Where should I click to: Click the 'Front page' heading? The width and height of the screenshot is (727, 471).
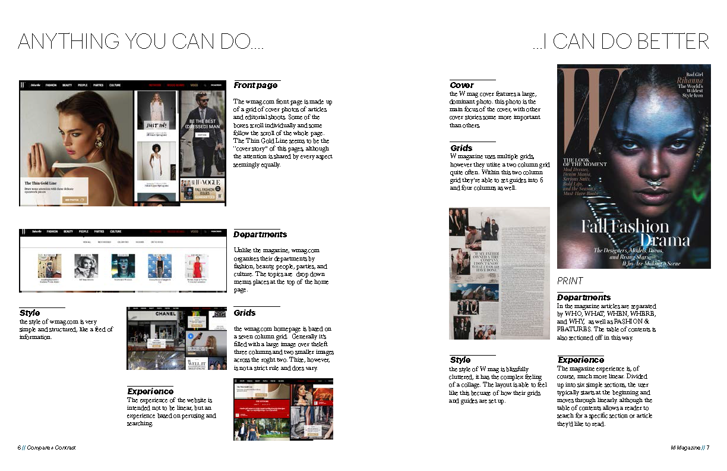255,86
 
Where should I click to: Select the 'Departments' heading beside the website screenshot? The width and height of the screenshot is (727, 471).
260,234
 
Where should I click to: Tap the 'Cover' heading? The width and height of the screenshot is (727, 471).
462,85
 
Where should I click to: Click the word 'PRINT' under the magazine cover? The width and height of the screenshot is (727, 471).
570,281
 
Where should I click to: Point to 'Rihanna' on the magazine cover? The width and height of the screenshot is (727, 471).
691,81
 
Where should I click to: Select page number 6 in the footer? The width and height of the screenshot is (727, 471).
19,447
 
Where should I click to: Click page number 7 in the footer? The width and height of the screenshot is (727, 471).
708,447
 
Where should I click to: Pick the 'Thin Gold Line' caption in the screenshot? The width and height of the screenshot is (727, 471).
41,183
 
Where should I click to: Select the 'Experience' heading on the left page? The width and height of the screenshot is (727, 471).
150,391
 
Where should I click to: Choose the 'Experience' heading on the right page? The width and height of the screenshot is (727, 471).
580,360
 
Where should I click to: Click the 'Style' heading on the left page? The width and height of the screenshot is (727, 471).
29,313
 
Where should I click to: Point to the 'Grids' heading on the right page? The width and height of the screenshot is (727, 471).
461,148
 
